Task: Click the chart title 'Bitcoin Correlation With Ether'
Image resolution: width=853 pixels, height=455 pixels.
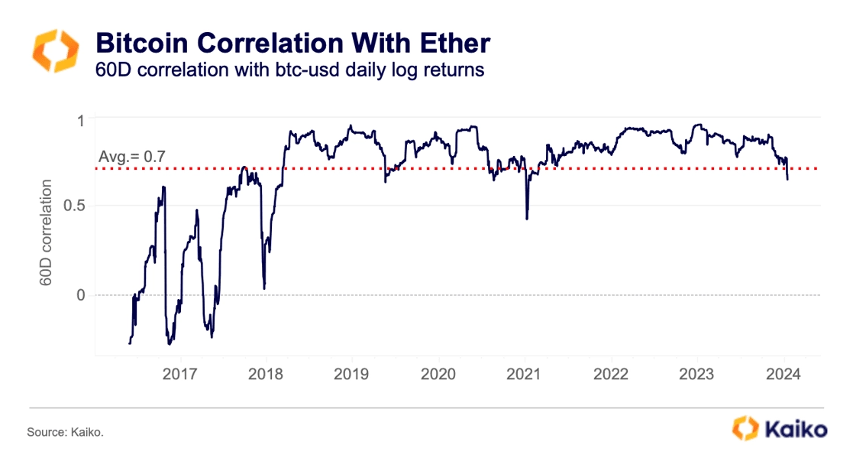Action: [x=292, y=41]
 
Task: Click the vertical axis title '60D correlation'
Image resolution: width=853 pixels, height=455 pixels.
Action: [x=47, y=233]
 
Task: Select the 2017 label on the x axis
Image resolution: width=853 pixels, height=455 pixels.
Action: [x=180, y=374]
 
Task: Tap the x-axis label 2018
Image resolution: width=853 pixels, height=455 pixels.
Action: [x=266, y=374]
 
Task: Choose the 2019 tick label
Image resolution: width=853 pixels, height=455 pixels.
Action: [x=351, y=374]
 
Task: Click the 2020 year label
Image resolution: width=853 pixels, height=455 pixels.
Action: [x=438, y=374]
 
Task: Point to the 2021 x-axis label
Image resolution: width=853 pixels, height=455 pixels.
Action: [x=525, y=374]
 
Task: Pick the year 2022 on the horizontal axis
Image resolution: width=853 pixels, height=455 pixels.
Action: [x=611, y=374]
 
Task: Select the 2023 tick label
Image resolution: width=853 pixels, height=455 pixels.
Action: [x=697, y=374]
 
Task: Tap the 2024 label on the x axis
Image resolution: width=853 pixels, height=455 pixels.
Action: [x=784, y=374]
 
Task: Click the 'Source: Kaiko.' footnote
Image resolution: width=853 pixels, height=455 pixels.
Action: [x=65, y=433]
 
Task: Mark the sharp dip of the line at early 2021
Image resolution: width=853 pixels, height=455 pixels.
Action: [x=527, y=219]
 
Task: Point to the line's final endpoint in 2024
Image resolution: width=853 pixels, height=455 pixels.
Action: [x=787, y=180]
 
